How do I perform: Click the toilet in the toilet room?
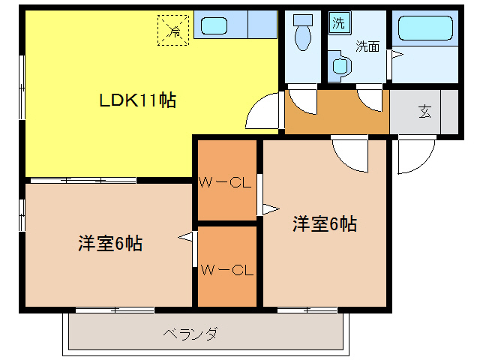[303, 34]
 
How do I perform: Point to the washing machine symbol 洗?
[338, 22]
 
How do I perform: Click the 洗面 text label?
[367, 46]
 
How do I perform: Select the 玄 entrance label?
[425, 112]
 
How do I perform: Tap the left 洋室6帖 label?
[110, 244]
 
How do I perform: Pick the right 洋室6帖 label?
[324, 223]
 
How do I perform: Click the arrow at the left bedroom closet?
[186, 238]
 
